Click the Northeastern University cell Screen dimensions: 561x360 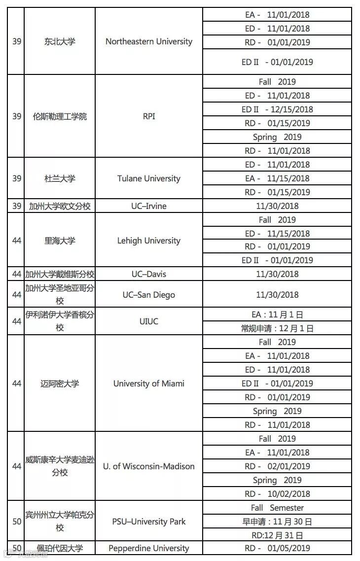click(x=149, y=41)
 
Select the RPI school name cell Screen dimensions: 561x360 click(x=149, y=116)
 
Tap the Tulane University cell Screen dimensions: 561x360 click(x=149, y=178)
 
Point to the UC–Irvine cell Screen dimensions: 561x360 click(x=149, y=206)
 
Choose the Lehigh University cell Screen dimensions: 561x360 click(x=149, y=241)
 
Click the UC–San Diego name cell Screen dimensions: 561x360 click(x=149, y=295)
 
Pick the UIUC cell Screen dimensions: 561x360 click(x=149, y=321)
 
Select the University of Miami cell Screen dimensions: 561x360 click(x=149, y=384)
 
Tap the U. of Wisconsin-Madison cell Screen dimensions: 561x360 click(x=149, y=466)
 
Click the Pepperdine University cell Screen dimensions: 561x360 click(x=149, y=548)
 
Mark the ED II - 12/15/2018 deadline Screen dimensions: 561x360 click(x=277, y=109)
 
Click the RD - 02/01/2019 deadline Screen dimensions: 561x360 click(x=277, y=466)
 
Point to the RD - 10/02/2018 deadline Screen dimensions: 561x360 click(x=277, y=494)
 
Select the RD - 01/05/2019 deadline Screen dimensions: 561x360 click(x=277, y=548)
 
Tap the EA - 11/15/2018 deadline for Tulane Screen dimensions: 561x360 click(x=277, y=178)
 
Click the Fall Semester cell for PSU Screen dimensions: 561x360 click(x=277, y=508)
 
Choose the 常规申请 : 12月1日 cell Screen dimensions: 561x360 click(x=277, y=328)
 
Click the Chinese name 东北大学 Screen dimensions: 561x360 click(x=60, y=41)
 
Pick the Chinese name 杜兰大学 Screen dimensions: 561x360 click(x=60, y=178)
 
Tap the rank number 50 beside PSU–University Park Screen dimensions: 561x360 click(x=17, y=522)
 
